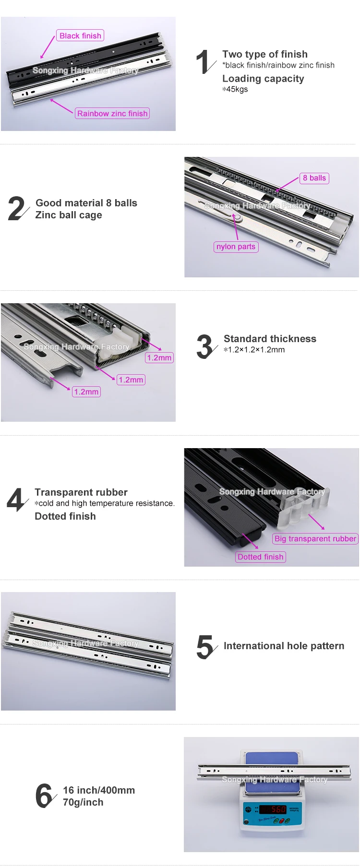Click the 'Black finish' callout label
[x=81, y=36]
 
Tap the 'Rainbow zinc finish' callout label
[x=112, y=113]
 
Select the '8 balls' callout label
[x=314, y=178]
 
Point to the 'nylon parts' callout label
[x=236, y=247]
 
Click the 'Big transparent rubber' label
[x=315, y=538]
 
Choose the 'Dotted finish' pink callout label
[x=261, y=557]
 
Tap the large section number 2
[x=17, y=209]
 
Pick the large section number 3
[x=204, y=347]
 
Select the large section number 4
[x=16, y=500]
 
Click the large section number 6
[x=44, y=796]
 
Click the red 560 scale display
[x=273, y=809]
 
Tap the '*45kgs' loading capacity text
[x=235, y=89]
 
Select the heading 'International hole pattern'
[x=284, y=646]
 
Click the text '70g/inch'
[x=83, y=802]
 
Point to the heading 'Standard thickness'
[x=270, y=339]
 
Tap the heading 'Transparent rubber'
[x=81, y=492]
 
